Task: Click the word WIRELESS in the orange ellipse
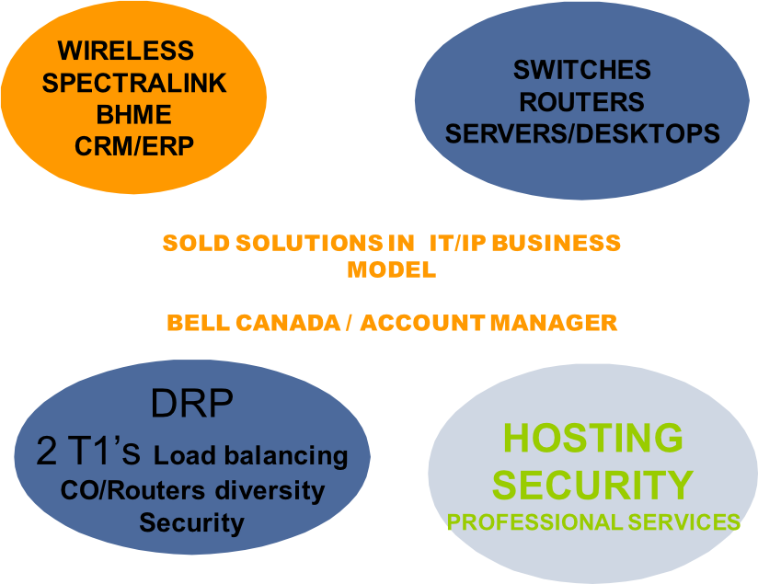[x=126, y=51]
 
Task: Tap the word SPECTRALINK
[x=134, y=83]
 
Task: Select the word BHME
[x=134, y=115]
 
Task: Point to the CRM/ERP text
[x=134, y=146]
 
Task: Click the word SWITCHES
[x=581, y=70]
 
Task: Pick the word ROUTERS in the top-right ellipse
[x=581, y=101]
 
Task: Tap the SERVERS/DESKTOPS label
[x=581, y=133]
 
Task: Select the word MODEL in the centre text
[x=391, y=271]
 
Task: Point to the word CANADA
[x=293, y=324]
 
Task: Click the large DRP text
[x=191, y=402]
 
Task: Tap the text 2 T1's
[x=89, y=452]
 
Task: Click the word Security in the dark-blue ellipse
[x=191, y=523]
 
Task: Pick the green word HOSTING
[x=593, y=439]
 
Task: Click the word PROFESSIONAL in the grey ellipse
[x=534, y=522]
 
